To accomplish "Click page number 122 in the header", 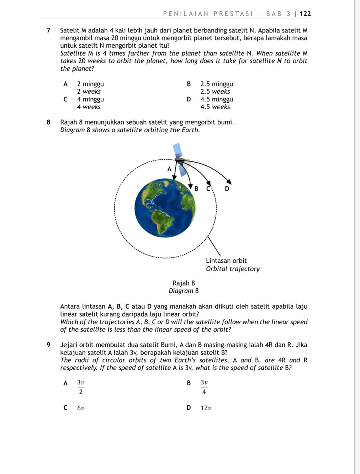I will [x=305, y=14].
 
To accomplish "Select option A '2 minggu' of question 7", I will [x=90, y=84].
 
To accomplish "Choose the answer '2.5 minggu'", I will [x=217, y=84].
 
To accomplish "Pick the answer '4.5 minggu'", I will [x=217, y=100].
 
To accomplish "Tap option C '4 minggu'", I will [x=90, y=100].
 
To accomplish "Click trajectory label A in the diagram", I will [x=169, y=169].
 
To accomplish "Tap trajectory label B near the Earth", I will [x=196, y=188].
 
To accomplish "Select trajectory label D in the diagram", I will [x=227, y=188].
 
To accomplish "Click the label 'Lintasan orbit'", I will [x=226, y=261].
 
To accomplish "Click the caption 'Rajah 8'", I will [x=184, y=283].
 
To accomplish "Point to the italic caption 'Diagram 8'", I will [x=184, y=291].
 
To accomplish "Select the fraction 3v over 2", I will [x=81, y=387].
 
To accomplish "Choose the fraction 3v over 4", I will [x=204, y=387].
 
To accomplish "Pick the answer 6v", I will [x=81, y=408].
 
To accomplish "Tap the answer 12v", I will [x=206, y=408].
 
